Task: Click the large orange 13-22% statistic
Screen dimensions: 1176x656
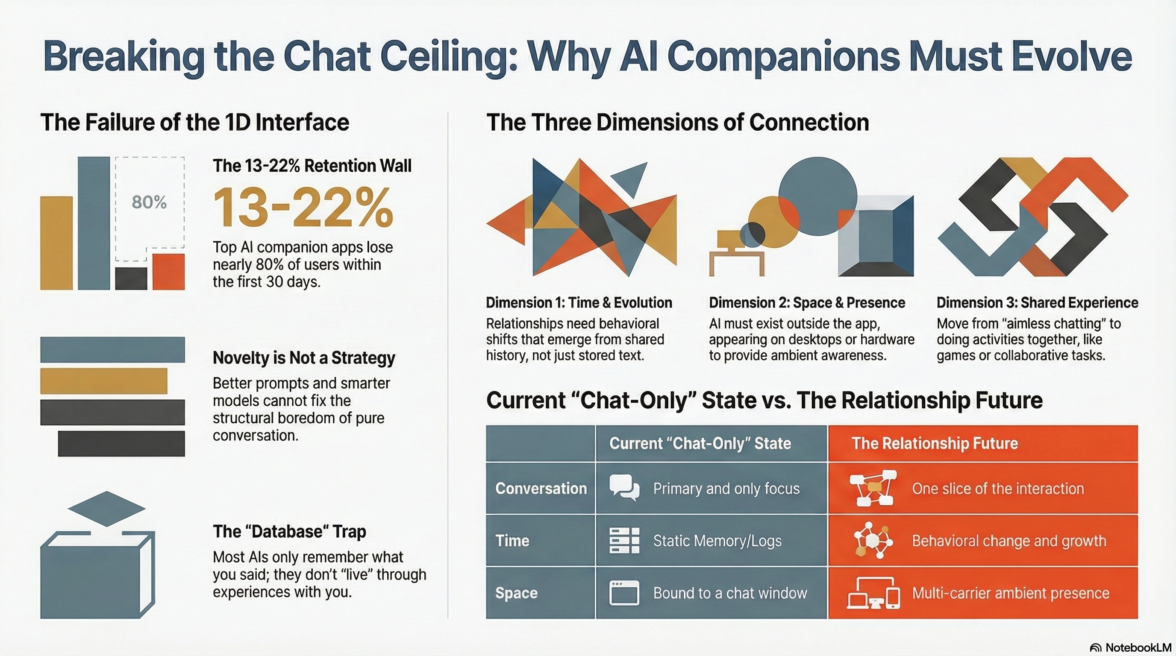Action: (x=303, y=208)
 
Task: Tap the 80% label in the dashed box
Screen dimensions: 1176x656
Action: (x=149, y=202)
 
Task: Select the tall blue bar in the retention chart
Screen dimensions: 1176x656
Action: (x=94, y=223)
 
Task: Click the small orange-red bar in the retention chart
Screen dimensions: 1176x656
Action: (x=168, y=272)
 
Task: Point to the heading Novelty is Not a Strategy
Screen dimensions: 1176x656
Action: (x=303, y=358)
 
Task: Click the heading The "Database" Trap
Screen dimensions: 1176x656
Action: (x=289, y=531)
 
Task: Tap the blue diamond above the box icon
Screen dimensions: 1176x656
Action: (x=107, y=509)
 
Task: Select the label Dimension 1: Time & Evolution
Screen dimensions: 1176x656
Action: (x=579, y=302)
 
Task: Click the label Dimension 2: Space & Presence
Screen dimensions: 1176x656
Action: (x=807, y=302)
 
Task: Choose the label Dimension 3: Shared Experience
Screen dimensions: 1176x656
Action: (x=1037, y=302)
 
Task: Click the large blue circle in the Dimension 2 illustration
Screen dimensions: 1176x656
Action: (x=817, y=196)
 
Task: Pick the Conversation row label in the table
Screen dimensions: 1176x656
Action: (x=541, y=489)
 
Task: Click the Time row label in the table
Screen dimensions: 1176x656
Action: (x=512, y=541)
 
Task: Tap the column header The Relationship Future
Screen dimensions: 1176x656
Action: (x=935, y=443)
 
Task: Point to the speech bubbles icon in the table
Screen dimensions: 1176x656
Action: (x=624, y=488)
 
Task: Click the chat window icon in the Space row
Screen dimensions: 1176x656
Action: (x=624, y=593)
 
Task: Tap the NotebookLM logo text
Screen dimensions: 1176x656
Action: (x=1138, y=647)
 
